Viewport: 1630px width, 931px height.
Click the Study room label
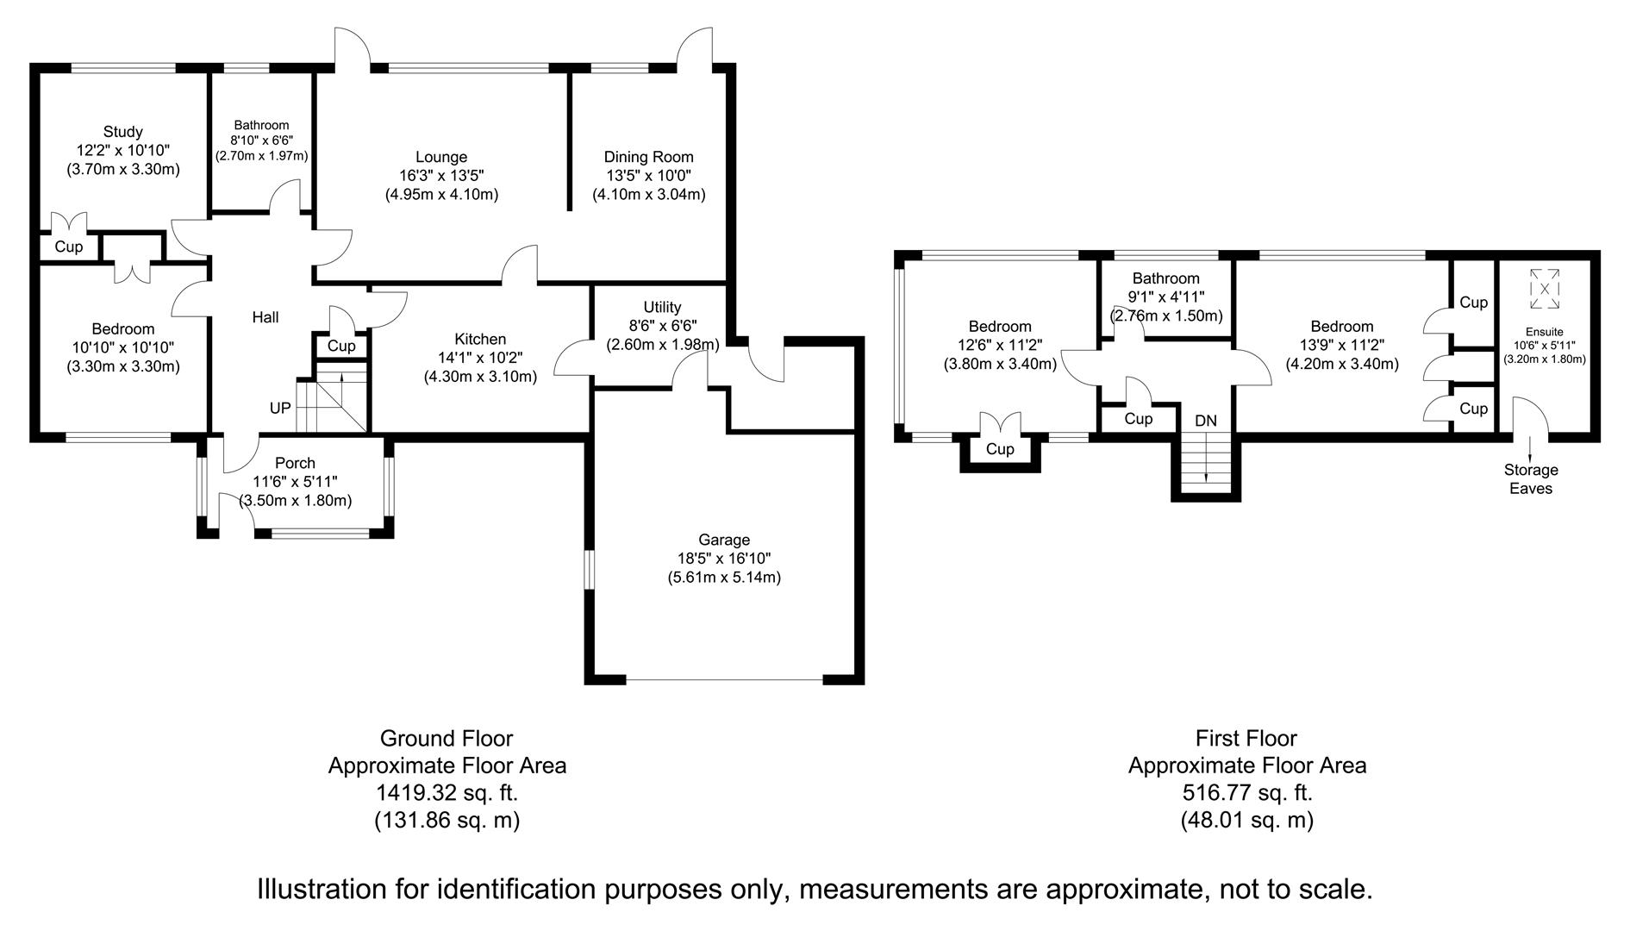[122, 132]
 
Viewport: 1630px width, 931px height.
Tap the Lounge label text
[441, 157]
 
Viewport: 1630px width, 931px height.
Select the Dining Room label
[648, 157]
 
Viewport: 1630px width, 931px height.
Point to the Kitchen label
[480, 339]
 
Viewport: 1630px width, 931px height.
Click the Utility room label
[662, 307]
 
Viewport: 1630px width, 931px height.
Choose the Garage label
[724, 540]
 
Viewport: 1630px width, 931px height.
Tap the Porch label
[296, 463]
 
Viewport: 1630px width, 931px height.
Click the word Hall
[265, 317]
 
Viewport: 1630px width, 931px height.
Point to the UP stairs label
[280, 408]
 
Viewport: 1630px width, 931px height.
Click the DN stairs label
[1206, 421]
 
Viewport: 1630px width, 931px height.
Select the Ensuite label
[1545, 332]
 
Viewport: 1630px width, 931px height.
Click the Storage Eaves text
[1531, 479]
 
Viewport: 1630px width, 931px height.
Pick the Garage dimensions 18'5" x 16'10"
[724, 559]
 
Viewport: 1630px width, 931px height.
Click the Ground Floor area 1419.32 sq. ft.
[447, 792]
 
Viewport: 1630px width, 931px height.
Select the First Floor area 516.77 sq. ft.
[1246, 792]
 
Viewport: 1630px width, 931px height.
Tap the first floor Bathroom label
[1165, 278]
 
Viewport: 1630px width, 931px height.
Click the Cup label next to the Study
[69, 247]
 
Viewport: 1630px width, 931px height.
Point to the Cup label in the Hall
[341, 347]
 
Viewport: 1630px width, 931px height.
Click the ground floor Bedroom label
[123, 328]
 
